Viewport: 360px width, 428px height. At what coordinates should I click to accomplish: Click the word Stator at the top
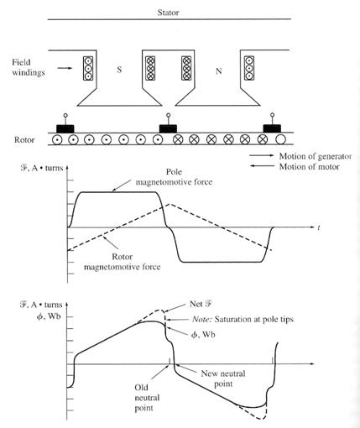pyautogui.click(x=168, y=13)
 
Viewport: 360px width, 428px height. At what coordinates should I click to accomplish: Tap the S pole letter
pyautogui.click(x=119, y=70)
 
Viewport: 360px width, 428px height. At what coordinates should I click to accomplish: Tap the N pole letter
pyautogui.click(x=219, y=71)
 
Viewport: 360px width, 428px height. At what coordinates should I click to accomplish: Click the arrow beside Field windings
pyautogui.click(x=65, y=68)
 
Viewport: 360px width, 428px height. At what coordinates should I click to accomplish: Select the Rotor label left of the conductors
pyautogui.click(x=24, y=139)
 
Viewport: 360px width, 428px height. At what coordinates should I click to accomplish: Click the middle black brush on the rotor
pyautogui.click(x=168, y=128)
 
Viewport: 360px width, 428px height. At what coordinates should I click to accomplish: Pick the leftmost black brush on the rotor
pyautogui.click(x=65, y=128)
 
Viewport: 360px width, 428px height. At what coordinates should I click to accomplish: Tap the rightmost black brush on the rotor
pyautogui.click(x=272, y=128)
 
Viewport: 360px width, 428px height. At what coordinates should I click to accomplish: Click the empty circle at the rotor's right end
pyautogui.click(x=280, y=139)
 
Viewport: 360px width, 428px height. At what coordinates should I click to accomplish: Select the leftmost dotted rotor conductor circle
pyautogui.click(x=57, y=139)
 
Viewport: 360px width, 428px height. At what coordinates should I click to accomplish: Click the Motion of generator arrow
pyautogui.click(x=262, y=155)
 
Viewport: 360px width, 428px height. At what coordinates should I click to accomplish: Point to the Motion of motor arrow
pyautogui.click(x=262, y=166)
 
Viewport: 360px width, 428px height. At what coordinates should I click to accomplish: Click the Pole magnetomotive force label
pyautogui.click(x=174, y=177)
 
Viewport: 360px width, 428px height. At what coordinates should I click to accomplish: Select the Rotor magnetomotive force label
pyautogui.click(x=123, y=262)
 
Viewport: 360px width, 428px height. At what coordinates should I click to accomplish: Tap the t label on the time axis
pyautogui.click(x=319, y=227)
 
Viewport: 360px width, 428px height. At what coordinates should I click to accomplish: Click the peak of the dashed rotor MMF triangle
pyautogui.click(x=170, y=204)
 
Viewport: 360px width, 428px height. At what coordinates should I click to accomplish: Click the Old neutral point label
pyautogui.click(x=147, y=398)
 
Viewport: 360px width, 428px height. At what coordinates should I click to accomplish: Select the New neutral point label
pyautogui.click(x=223, y=378)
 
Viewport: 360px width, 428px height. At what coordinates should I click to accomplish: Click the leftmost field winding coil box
pyautogui.click(x=88, y=69)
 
